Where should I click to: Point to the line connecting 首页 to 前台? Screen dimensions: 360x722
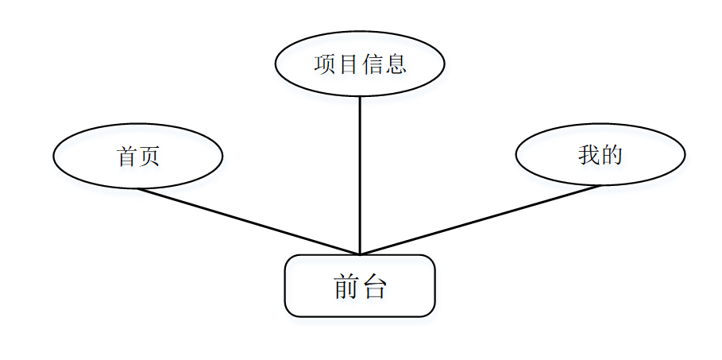(x=248, y=222)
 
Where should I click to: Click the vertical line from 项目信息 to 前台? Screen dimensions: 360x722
(x=360, y=175)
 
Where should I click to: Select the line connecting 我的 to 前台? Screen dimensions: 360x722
(x=480, y=220)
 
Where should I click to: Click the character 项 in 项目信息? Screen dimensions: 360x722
(x=325, y=64)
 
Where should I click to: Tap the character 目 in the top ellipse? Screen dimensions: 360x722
(x=348, y=64)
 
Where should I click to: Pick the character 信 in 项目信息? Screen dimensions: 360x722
(x=372, y=64)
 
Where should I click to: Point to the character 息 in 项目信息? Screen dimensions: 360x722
(x=396, y=64)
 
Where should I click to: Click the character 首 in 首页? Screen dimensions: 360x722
(x=126, y=157)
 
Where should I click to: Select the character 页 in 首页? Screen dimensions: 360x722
(x=149, y=157)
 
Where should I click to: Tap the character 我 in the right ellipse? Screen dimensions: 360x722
(x=589, y=155)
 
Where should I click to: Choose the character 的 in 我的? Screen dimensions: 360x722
(x=612, y=155)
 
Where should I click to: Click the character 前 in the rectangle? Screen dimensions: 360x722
(x=347, y=287)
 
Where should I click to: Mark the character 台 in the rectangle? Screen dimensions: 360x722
(x=373, y=287)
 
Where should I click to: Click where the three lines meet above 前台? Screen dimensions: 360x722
(x=360, y=254)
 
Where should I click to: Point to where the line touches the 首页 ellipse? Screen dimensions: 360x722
(x=137, y=188)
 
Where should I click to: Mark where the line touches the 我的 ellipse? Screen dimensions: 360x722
(x=600, y=185)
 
